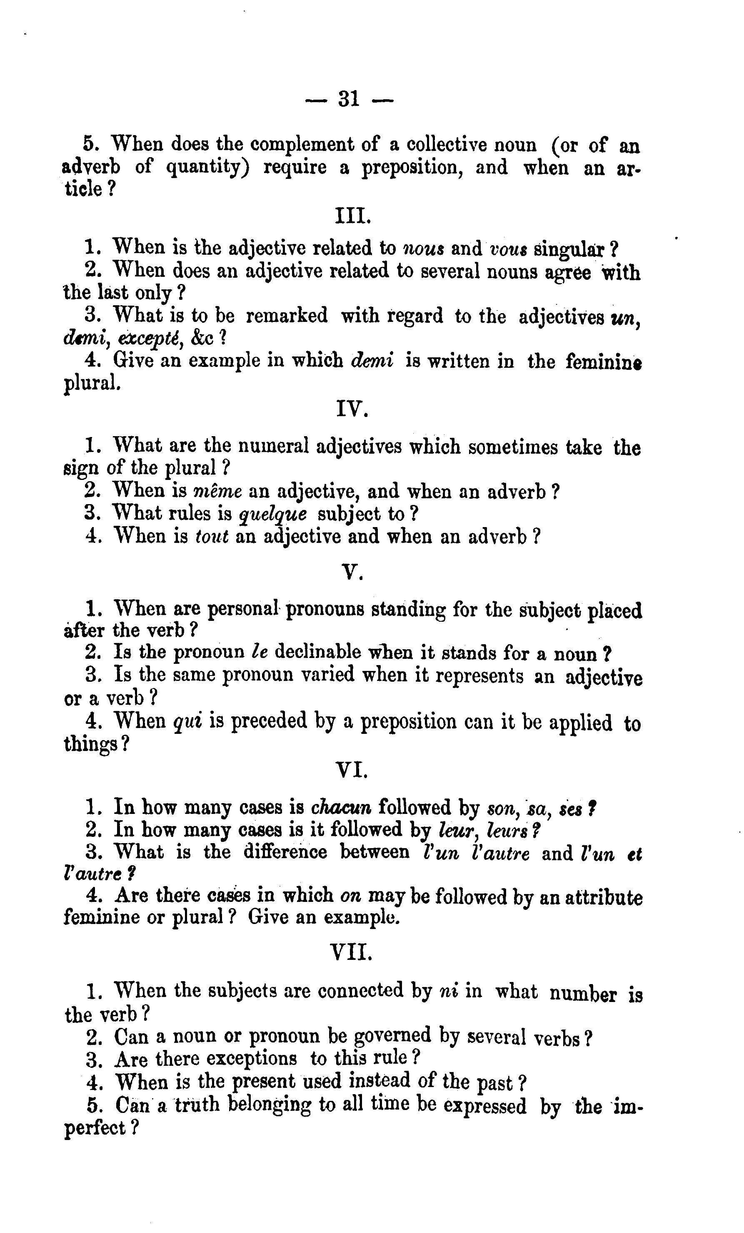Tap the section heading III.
click(x=352, y=216)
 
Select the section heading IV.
click(x=352, y=410)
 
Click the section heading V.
click(x=352, y=572)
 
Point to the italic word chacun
click(x=341, y=807)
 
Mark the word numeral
click(x=274, y=446)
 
